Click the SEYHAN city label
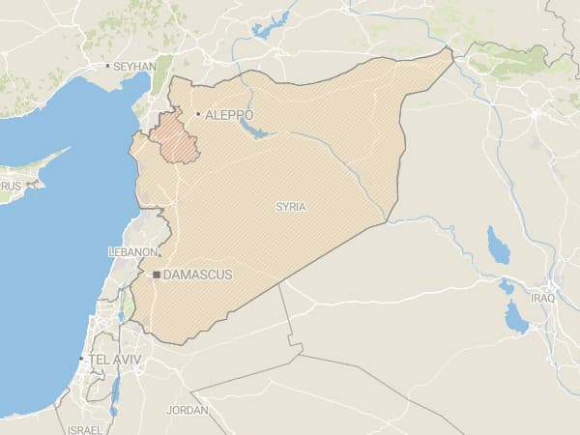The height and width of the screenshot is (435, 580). coord(134,66)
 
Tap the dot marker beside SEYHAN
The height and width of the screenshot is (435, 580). coord(107,66)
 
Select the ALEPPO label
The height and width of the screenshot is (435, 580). coord(229,114)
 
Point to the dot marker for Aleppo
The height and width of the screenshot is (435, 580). coord(198,114)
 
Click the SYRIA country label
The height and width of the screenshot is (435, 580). coord(290,207)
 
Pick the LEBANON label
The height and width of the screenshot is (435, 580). coord(133,251)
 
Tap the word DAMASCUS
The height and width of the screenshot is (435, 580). coord(198,275)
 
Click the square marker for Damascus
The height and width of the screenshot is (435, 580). coord(156,275)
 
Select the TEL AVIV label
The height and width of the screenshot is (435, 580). coord(114,360)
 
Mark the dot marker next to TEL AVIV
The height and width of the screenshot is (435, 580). coord(80,360)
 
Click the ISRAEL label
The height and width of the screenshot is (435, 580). coord(86,428)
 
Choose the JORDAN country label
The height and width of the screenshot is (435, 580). coord(187,410)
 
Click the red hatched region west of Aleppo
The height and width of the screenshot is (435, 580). coord(177,138)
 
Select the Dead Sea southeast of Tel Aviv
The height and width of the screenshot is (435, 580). coord(114,391)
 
